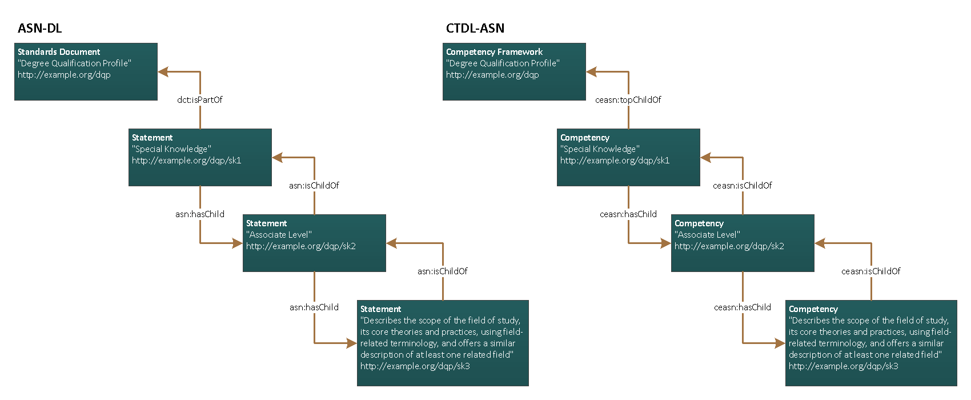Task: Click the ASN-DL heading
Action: (39, 29)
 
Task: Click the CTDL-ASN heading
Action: (475, 29)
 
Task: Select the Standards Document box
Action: (86, 72)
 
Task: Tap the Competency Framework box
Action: (514, 72)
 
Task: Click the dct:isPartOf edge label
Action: (199, 100)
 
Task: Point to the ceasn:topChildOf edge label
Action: (628, 100)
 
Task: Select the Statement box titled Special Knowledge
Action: (200, 157)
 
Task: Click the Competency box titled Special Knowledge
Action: (628, 157)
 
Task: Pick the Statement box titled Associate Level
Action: (314, 243)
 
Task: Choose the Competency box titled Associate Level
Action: (743, 243)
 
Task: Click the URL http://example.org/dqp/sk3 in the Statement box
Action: (415, 366)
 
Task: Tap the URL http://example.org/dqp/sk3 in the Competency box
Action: (843, 366)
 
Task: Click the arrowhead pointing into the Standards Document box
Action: (163, 72)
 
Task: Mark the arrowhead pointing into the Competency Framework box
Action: (591, 72)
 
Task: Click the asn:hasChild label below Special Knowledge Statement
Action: (199, 214)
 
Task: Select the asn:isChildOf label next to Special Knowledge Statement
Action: (314, 186)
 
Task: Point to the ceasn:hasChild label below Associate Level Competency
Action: (742, 307)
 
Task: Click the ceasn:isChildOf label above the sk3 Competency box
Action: (870, 271)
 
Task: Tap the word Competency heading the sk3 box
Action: (813, 309)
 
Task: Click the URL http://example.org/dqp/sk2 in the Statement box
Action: (300, 246)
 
